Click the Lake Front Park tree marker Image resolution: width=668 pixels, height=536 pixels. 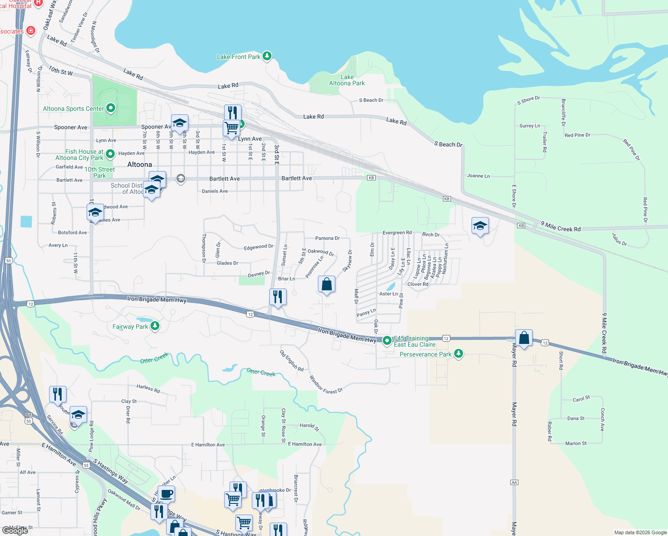pos(267,56)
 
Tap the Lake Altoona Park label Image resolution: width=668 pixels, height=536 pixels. pos(347,80)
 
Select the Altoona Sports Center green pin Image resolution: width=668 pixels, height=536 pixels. pos(111,108)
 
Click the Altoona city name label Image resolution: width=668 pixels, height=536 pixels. pos(139,164)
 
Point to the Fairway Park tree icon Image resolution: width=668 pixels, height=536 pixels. pos(155,326)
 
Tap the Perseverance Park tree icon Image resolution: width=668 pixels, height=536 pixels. pos(458,354)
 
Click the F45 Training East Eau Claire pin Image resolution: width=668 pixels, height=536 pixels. pos(387,340)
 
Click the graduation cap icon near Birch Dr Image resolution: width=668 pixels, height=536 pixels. pos(480,226)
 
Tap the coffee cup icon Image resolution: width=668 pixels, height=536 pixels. pos(166,494)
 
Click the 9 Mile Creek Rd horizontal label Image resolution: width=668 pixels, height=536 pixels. pos(560,227)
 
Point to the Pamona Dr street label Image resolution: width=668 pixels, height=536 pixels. pos(327,239)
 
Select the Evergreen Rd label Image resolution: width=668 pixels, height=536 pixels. pos(397,233)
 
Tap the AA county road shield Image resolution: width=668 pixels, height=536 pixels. pos(514,482)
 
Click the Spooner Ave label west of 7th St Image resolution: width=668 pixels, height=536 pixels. pos(71,127)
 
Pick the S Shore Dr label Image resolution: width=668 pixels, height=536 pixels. pos(528,100)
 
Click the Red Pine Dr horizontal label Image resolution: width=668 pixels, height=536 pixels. pos(577,135)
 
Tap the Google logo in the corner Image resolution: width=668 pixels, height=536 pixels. pos(15,531)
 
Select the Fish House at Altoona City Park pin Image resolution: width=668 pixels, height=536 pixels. pos(111,153)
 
